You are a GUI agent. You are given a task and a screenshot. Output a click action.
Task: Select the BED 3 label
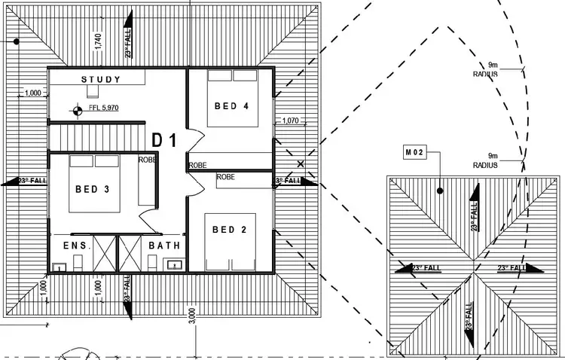92,188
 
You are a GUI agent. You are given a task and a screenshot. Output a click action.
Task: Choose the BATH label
163,246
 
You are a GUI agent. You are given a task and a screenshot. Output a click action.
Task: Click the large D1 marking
164,140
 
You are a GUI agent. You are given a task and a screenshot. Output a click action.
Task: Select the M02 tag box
416,153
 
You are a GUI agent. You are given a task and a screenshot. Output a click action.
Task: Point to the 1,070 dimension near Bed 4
291,121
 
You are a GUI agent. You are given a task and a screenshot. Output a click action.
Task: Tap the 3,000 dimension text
192,316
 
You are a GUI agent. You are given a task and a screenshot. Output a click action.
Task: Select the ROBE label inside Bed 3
147,160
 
